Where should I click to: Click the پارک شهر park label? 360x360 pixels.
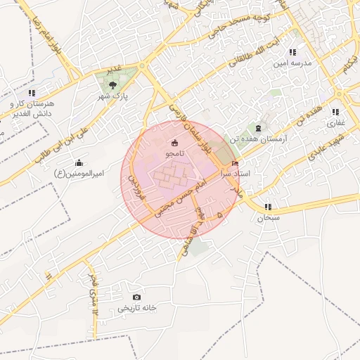point(112,95)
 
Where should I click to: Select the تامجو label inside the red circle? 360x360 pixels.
point(174,153)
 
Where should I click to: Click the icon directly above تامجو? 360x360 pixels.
point(174,143)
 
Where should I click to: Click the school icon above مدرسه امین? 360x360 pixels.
point(292,52)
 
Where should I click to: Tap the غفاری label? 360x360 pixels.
point(335,122)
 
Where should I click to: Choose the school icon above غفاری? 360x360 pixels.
point(335,112)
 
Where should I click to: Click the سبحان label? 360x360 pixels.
point(268,218)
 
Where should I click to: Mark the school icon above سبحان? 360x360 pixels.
point(268,207)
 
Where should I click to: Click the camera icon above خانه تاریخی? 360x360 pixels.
point(136,297)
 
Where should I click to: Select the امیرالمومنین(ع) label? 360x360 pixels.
point(79,173)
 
